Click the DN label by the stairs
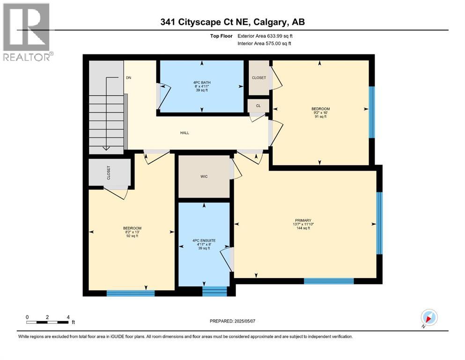click(x=128, y=78)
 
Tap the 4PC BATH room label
click(x=202, y=82)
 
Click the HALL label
click(x=185, y=133)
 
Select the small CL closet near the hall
click(x=258, y=106)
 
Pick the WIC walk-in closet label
click(x=204, y=176)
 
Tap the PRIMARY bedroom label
click(x=303, y=220)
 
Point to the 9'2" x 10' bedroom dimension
click(x=318, y=113)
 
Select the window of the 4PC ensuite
click(x=214, y=291)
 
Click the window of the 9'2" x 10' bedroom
click(x=371, y=112)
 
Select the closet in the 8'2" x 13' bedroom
click(x=110, y=172)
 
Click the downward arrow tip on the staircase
click(x=106, y=149)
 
